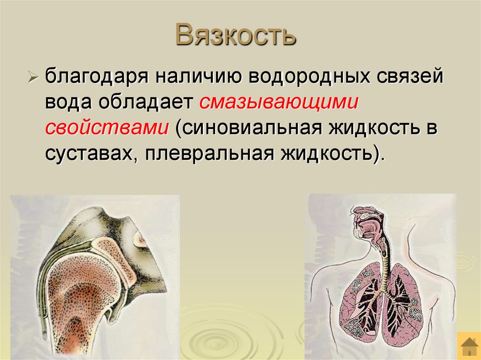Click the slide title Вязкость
click(x=236, y=35)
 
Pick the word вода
click(x=69, y=103)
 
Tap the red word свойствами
click(x=108, y=129)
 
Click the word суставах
click(x=92, y=154)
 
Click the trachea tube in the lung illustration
click(x=385, y=268)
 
